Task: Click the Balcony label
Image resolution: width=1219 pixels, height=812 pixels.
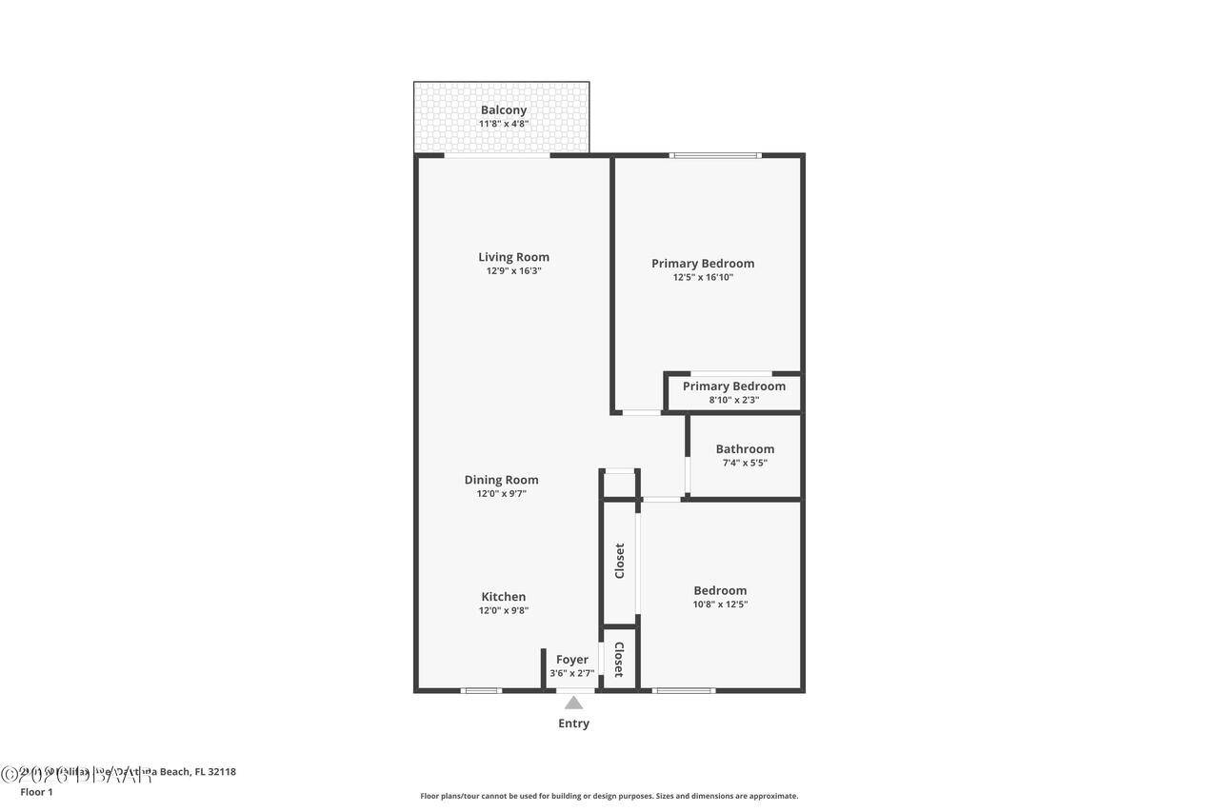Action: coord(503,109)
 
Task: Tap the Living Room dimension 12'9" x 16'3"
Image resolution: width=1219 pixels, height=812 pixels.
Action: coord(513,270)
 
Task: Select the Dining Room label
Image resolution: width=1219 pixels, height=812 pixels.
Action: coord(501,480)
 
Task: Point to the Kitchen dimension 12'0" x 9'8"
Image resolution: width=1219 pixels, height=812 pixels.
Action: coord(503,611)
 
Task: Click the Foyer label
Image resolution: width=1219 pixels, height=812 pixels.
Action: coord(571,659)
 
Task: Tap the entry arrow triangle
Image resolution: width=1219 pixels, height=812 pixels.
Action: coord(573,703)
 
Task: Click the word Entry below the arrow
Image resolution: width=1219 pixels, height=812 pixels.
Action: coord(573,723)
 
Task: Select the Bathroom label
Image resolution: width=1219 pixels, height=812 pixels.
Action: coord(745,448)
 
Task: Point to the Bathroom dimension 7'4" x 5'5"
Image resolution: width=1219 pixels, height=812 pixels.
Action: coord(745,463)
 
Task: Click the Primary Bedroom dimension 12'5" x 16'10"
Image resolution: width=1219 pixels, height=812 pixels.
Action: coord(703,277)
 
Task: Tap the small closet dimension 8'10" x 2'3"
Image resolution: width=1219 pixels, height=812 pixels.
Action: coord(733,400)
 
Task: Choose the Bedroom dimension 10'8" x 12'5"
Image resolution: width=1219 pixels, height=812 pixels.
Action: coord(720,604)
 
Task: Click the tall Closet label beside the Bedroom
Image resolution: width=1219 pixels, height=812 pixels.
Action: coord(620,561)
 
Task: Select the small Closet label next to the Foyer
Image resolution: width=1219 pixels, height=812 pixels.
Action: coord(619,659)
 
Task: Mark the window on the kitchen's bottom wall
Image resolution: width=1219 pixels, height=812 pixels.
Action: coord(481,690)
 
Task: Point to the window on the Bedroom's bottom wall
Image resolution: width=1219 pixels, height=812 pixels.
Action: coord(684,690)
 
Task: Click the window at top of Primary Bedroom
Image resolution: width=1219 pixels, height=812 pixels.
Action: coord(715,155)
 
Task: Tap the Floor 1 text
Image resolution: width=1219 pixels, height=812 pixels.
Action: coord(36,792)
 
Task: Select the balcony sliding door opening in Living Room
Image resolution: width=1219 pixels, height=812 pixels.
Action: coord(497,155)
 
